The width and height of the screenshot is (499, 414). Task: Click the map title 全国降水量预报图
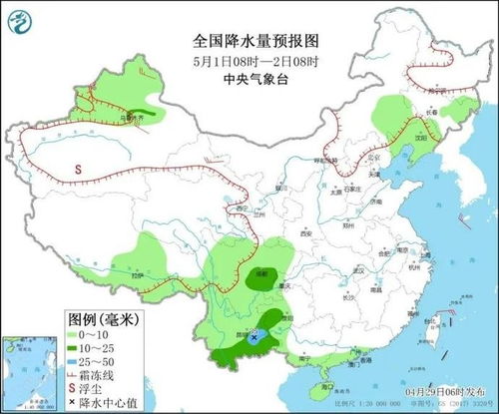tap(249, 43)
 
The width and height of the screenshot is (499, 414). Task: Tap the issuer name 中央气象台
tap(249, 79)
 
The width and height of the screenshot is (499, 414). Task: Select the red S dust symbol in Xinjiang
tap(78, 171)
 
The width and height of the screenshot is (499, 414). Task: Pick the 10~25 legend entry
tap(100, 346)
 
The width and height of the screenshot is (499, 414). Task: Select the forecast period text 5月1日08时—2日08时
tap(249, 61)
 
